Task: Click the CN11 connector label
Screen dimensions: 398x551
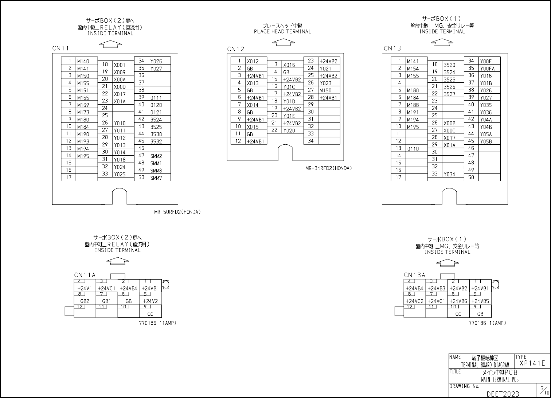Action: [60, 48]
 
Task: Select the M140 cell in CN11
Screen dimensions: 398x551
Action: [83, 61]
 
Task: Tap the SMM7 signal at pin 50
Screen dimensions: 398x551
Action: [156, 178]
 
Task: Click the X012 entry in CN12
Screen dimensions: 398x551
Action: [253, 61]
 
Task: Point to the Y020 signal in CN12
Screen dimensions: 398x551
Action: [289, 130]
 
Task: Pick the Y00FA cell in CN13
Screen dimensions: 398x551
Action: [487, 69]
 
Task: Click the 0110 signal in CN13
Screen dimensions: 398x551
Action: [413, 149]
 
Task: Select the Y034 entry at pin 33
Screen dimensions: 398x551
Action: [449, 174]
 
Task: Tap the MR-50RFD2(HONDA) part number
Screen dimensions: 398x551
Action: [177, 212]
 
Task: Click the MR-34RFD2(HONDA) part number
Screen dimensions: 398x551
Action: [328, 168]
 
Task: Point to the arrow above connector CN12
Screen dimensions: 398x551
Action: [284, 43]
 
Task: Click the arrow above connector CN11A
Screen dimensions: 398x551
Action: [117, 260]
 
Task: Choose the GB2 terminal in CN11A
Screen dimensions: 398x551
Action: [85, 301]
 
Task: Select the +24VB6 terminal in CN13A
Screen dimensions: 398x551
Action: [458, 301]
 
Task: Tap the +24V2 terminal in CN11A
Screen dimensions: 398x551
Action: [150, 301]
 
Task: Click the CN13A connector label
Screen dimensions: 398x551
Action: [414, 275]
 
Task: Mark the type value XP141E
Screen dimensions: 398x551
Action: [532, 363]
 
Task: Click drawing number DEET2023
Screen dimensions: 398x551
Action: [503, 394]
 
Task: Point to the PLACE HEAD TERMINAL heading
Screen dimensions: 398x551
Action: [282, 32]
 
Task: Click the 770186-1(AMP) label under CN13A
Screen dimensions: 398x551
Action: [487, 323]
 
